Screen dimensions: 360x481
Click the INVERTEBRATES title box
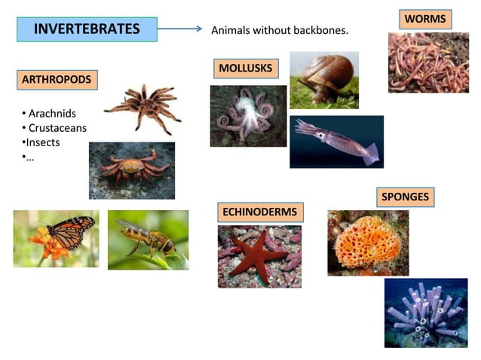(87, 29)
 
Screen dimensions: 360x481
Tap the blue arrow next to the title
(181, 29)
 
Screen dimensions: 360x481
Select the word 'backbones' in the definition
(322, 30)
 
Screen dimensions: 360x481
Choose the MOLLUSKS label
(245, 69)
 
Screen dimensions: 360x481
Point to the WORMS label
(425, 19)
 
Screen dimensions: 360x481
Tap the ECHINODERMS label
(259, 212)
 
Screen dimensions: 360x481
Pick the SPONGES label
(405, 197)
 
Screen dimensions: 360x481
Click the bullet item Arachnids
(52, 114)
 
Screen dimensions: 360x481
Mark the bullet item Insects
(43, 142)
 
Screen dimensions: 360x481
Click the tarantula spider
(142, 105)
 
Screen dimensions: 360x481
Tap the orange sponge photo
(367, 243)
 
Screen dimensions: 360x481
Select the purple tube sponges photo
(425, 313)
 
